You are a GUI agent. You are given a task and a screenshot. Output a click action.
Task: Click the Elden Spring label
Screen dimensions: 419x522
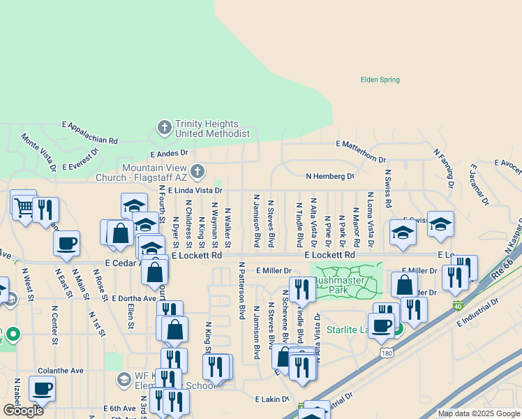(380, 80)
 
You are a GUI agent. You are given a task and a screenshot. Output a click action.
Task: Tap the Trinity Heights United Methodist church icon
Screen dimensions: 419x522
(164, 128)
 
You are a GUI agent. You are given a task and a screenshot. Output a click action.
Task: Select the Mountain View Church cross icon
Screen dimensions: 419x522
(198, 172)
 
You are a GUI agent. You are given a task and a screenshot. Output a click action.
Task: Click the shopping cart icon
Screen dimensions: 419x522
(24, 206)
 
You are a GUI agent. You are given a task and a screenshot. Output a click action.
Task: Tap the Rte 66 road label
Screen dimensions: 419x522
(501, 268)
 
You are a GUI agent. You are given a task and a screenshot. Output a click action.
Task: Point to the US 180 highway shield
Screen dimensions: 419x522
(387, 354)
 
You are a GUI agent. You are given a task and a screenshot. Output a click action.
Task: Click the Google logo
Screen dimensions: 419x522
(23, 411)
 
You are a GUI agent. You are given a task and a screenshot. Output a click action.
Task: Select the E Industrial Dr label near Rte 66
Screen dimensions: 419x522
(479, 312)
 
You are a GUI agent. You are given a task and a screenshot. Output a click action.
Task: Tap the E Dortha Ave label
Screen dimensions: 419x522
(130, 298)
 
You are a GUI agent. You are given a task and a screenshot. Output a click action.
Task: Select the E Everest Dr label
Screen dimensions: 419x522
(80, 159)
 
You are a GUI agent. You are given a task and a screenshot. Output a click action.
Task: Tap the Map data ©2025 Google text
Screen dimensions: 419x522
(478, 413)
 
